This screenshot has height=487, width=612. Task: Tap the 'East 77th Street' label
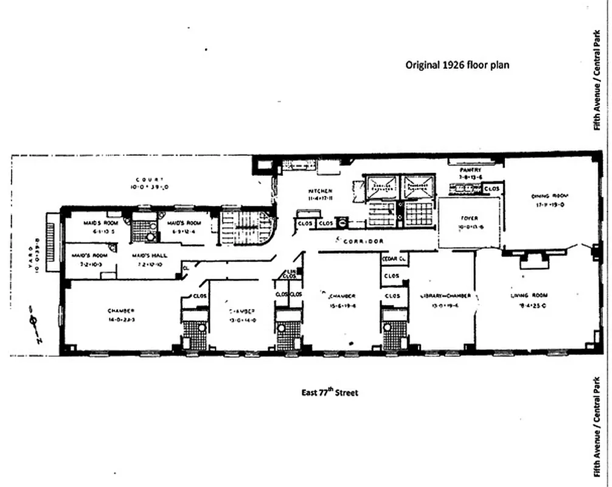point(330,393)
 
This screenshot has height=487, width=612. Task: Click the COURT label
point(150,179)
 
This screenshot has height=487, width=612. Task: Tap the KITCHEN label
point(319,191)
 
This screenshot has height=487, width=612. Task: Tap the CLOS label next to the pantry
point(491,189)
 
